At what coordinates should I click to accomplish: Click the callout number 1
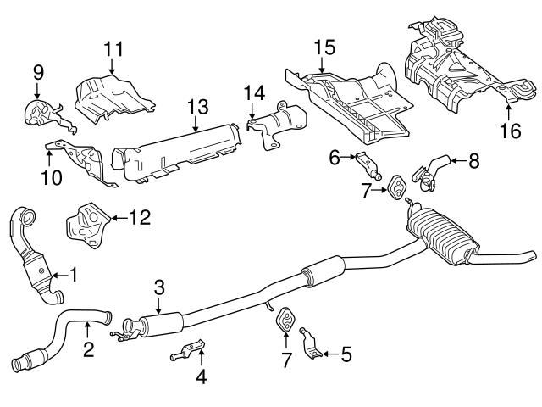74,274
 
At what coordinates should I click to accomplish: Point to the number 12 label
139,218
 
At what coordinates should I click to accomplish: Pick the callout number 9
36,74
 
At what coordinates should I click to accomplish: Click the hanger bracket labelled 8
430,169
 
